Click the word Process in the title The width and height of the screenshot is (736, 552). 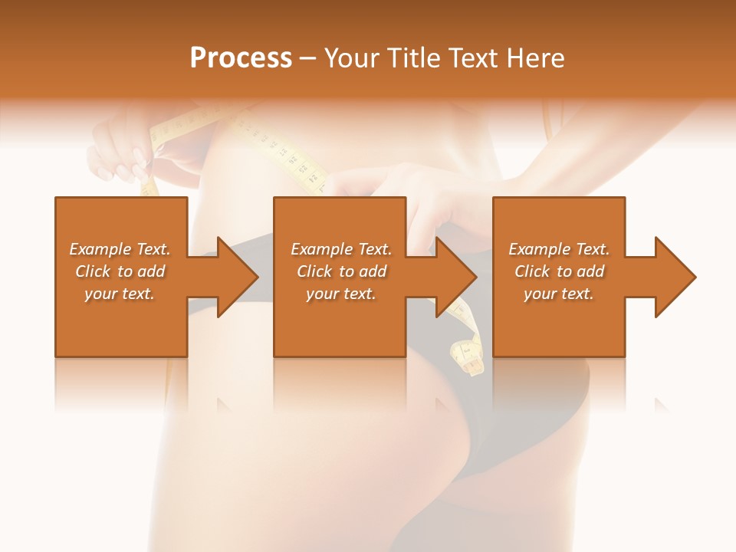[x=241, y=58]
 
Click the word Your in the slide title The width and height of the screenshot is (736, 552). [x=350, y=58]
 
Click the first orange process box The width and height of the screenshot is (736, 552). [x=121, y=322]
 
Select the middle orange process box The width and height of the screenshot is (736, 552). [x=340, y=322]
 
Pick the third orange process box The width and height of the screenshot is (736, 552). [x=558, y=322]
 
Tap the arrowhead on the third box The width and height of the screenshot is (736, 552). [x=674, y=277]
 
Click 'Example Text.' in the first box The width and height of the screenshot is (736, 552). [x=120, y=249]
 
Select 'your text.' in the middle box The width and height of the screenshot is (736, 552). [x=340, y=294]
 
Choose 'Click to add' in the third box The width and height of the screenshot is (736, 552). [x=559, y=271]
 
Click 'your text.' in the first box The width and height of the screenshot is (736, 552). [x=120, y=294]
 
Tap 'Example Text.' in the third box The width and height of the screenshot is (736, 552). [x=559, y=249]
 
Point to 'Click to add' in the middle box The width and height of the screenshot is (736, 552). [x=341, y=271]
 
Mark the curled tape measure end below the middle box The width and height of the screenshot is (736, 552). [x=468, y=356]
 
